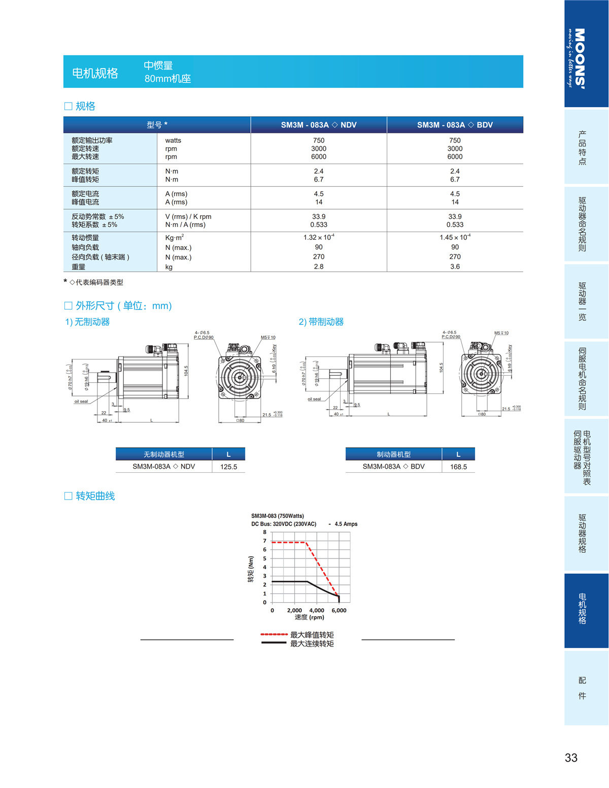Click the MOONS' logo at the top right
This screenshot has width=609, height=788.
tap(579, 58)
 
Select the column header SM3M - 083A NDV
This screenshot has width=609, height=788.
tap(319, 125)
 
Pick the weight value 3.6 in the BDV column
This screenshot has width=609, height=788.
tap(455, 267)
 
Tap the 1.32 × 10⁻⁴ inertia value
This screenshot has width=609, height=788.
tap(319, 238)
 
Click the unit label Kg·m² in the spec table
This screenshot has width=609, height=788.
tap(175, 238)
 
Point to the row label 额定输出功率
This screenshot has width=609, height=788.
tap(92, 141)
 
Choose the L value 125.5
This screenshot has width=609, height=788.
tap(228, 467)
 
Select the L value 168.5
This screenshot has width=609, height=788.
tap(458, 467)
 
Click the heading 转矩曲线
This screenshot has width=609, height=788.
tap(95, 496)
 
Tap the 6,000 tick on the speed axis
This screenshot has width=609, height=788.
tap(339, 610)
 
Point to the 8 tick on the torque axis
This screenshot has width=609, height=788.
tap(264, 532)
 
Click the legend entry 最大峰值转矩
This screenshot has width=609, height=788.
tap(312, 635)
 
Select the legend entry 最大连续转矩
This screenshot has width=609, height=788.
tap(312, 644)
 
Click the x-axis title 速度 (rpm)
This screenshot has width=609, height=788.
tap(309, 617)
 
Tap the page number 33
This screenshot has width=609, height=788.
tap(571, 758)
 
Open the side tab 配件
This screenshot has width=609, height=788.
tap(582, 688)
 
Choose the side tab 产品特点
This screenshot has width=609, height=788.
tap(582, 147)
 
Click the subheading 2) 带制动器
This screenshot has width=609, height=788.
tap(321, 322)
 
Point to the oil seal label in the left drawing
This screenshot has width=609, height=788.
tap(81, 402)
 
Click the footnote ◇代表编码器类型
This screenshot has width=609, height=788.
tap(96, 282)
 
